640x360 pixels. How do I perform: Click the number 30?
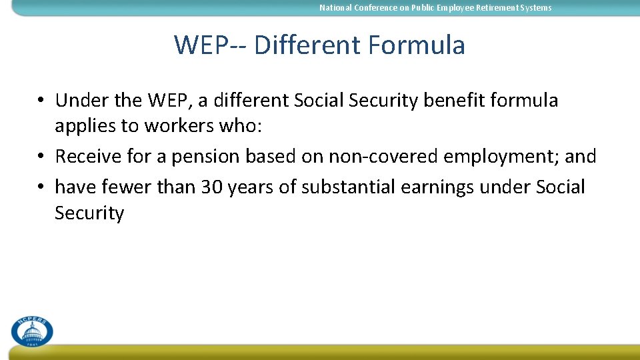[212, 187]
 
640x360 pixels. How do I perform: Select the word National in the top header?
[335, 8]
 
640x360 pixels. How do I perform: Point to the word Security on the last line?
[89, 214]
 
